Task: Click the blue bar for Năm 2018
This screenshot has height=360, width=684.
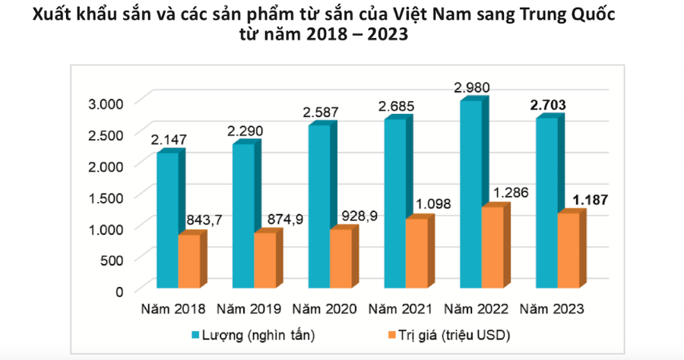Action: [x=167, y=220]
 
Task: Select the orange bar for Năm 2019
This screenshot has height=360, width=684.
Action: [x=264, y=261]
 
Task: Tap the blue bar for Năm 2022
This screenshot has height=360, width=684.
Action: [x=470, y=194]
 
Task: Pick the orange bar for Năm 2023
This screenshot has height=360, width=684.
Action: [x=567, y=251]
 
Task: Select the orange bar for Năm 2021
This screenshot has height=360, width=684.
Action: [x=416, y=254]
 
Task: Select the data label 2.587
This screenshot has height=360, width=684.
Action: [x=320, y=112]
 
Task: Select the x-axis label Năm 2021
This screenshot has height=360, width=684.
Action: [x=401, y=309]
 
